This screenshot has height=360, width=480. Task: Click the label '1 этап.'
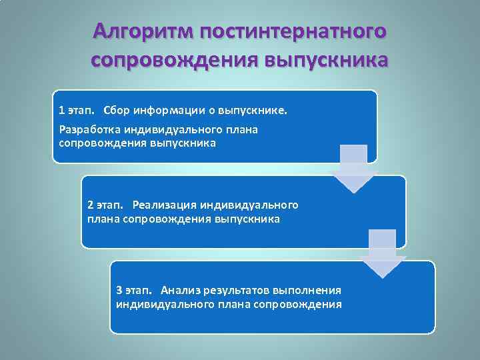coord(76,109)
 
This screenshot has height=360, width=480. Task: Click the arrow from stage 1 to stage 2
coord(353,169)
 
